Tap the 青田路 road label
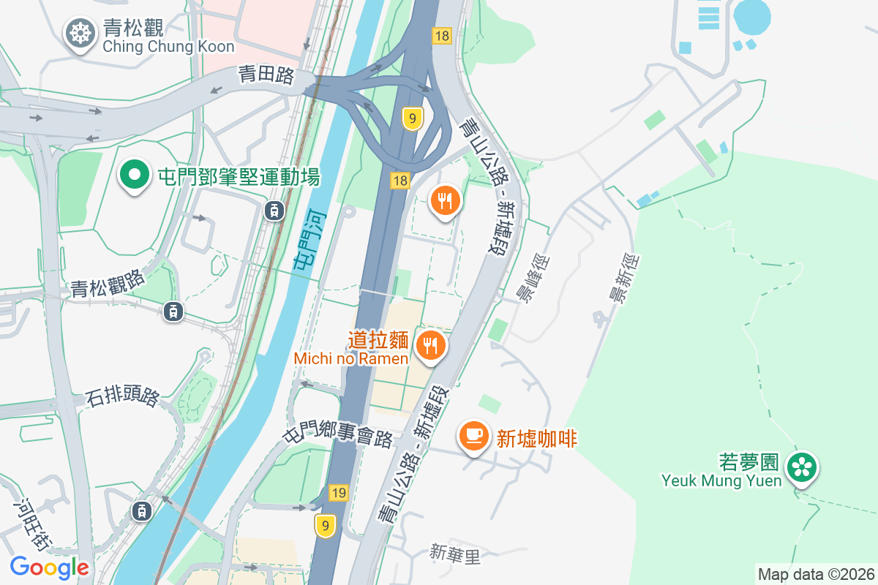pos(266,75)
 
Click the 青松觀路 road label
pos(108,283)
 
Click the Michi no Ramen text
pos(350,358)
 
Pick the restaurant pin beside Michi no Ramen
pos(429,345)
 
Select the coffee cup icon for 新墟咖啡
pos(473,436)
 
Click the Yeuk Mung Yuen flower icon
pos(802,467)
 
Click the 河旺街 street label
pos(34,525)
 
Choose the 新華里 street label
pos(455,554)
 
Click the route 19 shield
pos(337,493)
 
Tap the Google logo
pos(49,567)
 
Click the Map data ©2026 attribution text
pos(816,574)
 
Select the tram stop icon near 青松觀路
pos(173,311)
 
